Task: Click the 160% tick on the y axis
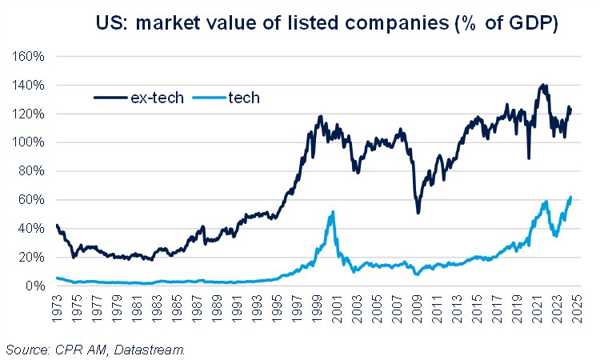coord(30,57)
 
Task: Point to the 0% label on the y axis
coord(35,286)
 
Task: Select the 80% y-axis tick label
coord(32,171)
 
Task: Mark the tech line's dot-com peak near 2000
coord(332,212)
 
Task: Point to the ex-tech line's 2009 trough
coord(418,212)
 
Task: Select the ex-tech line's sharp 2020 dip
coord(529,158)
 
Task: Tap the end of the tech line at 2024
coord(571,197)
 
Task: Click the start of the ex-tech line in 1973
coord(56,226)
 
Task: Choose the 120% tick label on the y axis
coord(30,114)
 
